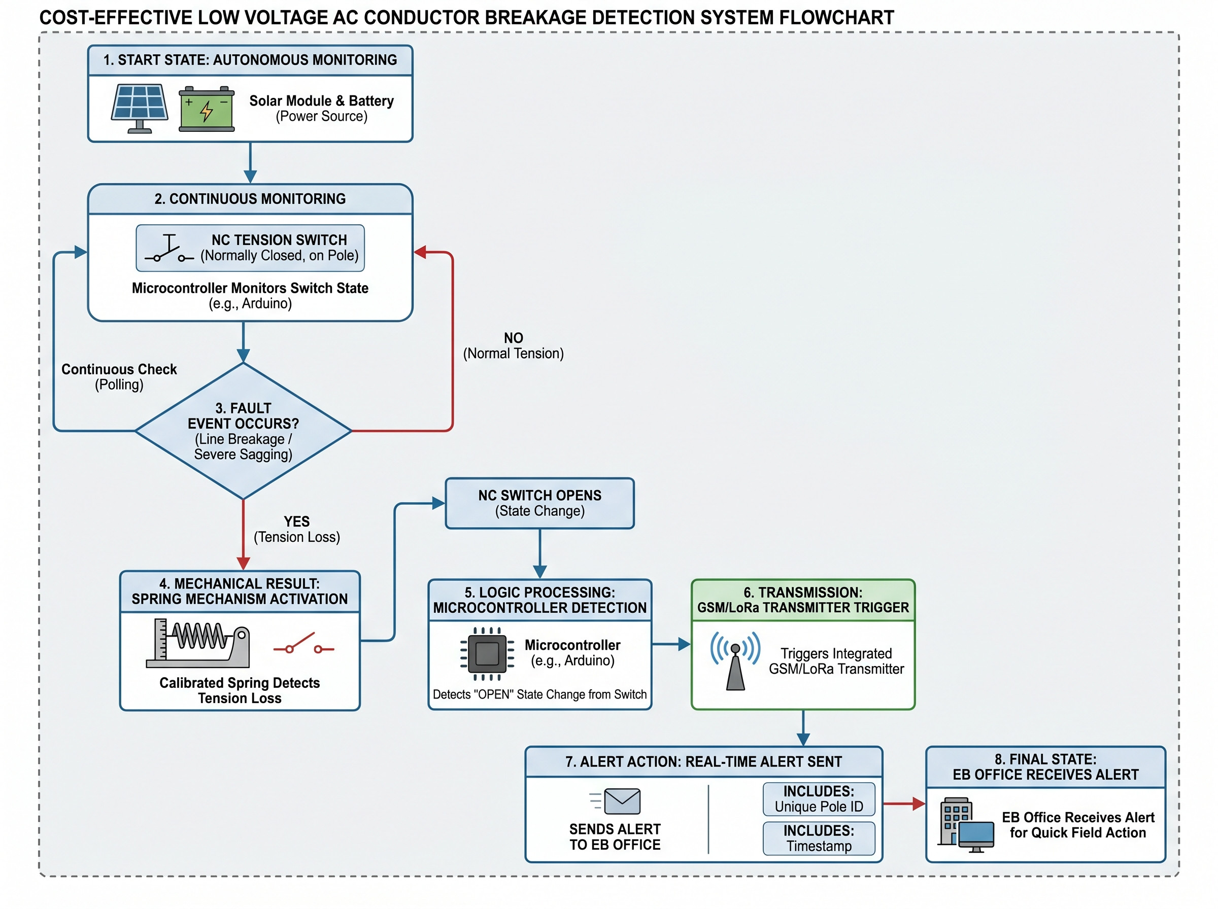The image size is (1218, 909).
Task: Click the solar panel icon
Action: [x=139, y=109]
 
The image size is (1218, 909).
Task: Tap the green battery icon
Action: [x=207, y=109]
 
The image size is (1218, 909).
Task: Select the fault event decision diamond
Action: [x=243, y=431]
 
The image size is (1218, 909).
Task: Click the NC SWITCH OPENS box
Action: [x=539, y=503]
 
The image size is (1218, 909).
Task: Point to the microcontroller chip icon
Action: [x=487, y=654]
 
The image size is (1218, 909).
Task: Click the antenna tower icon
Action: [x=735, y=660]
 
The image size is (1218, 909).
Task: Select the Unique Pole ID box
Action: [x=819, y=799]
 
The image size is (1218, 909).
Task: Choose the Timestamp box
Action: [x=819, y=838]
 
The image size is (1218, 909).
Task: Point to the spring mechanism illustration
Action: [x=198, y=643]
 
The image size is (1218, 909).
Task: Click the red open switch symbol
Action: [x=304, y=644]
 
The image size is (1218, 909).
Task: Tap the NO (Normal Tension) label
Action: [x=513, y=345]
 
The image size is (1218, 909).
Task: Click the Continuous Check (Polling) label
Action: [x=119, y=376]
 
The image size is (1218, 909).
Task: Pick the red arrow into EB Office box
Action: [x=904, y=804]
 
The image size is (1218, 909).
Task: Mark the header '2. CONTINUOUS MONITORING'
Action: [x=250, y=199]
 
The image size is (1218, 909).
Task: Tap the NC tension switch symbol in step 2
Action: [x=169, y=248]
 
